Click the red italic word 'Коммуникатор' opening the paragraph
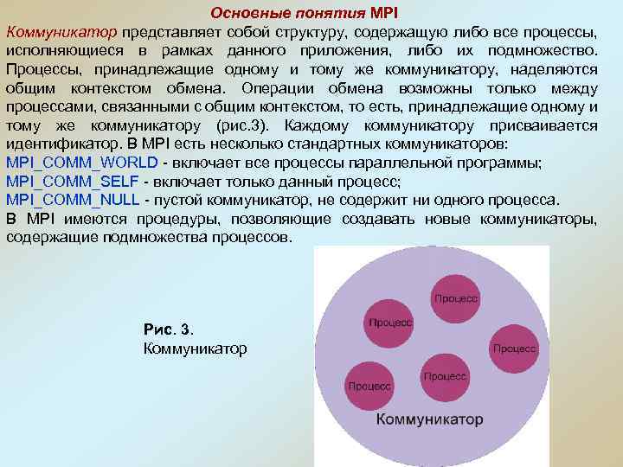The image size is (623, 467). pyautogui.click(x=61, y=33)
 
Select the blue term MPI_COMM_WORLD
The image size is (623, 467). pyautogui.click(x=81, y=163)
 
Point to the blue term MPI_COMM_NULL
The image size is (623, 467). pyautogui.click(x=73, y=200)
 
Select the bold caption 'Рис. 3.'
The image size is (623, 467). pyautogui.click(x=170, y=330)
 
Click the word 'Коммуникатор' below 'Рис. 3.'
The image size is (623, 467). pyautogui.click(x=195, y=349)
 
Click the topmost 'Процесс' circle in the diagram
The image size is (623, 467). pyautogui.click(x=456, y=297)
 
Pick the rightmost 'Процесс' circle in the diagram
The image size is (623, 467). pyautogui.click(x=515, y=348)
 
